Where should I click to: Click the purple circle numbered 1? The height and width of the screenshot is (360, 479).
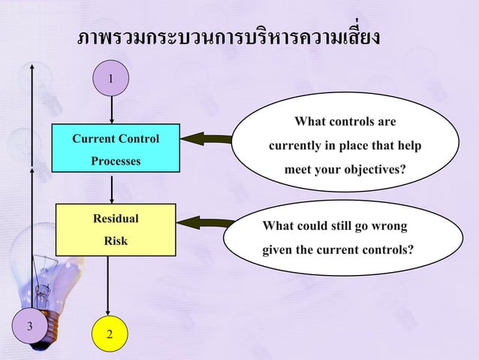click(111, 79)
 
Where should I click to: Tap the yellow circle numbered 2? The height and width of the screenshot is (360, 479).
click(110, 332)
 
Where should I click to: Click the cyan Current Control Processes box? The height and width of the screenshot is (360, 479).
click(116, 149)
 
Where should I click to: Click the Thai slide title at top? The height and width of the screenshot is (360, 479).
click(229, 37)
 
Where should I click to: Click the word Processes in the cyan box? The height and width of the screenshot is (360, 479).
click(116, 161)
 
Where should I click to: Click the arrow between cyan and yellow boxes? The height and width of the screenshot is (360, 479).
click(112, 188)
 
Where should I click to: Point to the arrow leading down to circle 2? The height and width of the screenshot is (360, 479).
click(110, 286)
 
